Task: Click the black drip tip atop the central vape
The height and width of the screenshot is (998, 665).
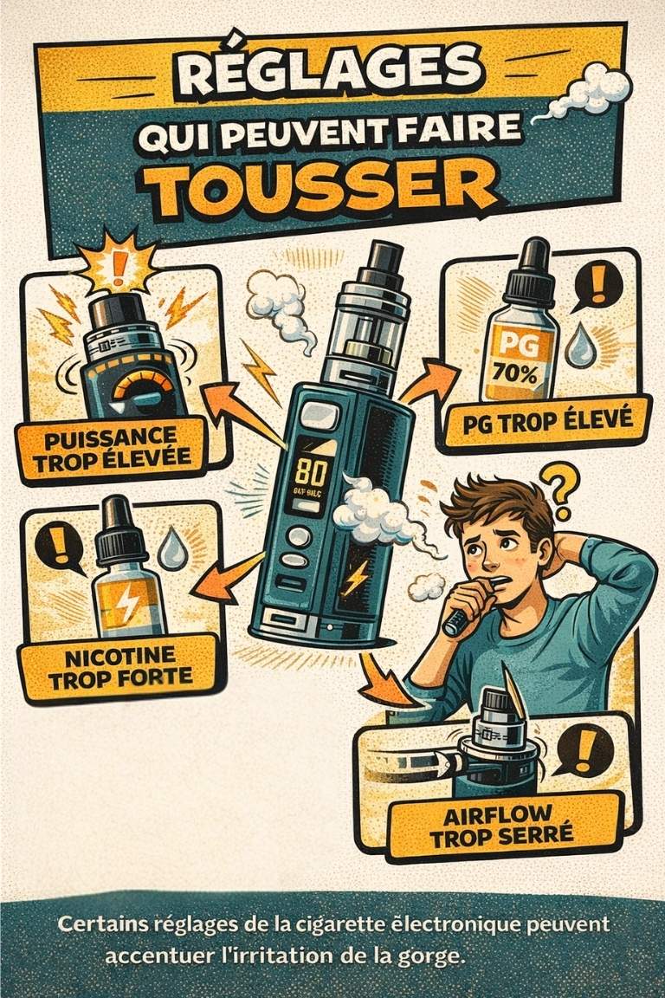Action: (382, 258)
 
